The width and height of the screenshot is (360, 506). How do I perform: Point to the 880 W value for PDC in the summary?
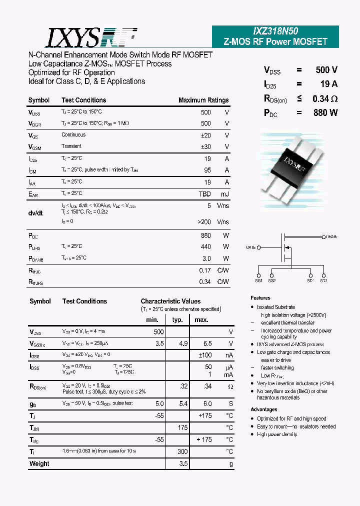coord(325,113)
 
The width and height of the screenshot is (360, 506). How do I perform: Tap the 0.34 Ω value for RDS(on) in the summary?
coord(324,98)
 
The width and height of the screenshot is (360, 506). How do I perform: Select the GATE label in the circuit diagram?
coord(250,247)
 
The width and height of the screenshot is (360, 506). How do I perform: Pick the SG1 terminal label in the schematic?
coord(258,281)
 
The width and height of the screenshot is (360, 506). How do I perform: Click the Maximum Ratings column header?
coord(203,100)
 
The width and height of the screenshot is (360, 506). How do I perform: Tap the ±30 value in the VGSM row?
coord(205,146)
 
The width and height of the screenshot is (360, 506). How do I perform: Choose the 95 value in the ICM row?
coord(207,170)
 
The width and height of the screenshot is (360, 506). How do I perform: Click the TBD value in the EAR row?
coord(204,193)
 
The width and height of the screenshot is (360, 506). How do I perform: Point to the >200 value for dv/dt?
coord(204,221)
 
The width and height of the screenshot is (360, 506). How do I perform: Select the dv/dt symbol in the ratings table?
coord(35,213)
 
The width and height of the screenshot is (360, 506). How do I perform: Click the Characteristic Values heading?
coord(170,301)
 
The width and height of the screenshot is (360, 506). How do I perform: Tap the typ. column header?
coord(177,320)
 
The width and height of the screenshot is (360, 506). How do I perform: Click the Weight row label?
coord(39,463)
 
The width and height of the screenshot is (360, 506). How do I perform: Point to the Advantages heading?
coord(263,409)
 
